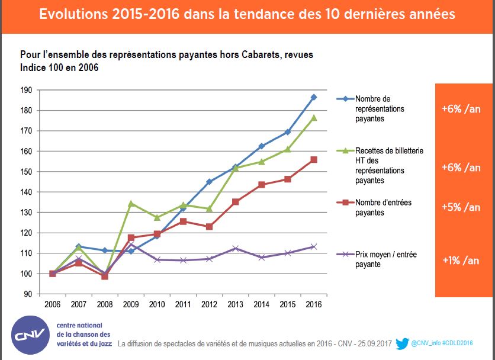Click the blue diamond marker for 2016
pos(313,97)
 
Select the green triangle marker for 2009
pos(131,203)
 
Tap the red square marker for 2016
pos(313,159)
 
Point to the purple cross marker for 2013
pos(235,248)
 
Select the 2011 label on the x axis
pos(183,304)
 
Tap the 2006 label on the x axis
pos(53,304)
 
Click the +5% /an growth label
pos(461,207)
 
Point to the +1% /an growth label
pos(461,261)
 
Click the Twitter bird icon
pos(402,343)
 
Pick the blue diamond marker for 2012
pos(209,182)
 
